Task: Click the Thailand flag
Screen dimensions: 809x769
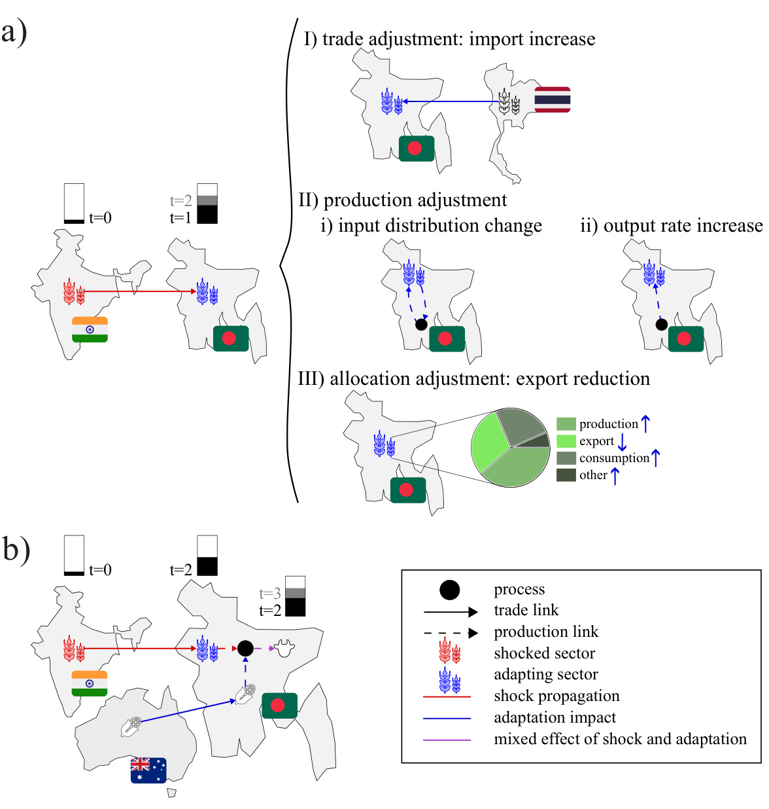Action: point(553,99)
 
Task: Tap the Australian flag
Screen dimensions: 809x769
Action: point(148,770)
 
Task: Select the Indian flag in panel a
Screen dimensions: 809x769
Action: point(90,329)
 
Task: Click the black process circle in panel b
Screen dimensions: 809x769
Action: point(245,648)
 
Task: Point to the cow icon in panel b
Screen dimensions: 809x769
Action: point(284,648)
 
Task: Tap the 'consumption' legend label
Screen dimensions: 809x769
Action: point(614,458)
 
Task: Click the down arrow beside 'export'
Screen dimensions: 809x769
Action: point(622,442)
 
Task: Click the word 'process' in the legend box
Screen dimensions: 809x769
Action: point(519,589)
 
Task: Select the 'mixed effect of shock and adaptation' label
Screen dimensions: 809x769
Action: point(620,739)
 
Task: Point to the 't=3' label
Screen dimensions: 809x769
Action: point(269,594)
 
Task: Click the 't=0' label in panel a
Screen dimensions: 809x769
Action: point(100,218)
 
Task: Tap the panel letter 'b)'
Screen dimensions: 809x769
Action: point(16,549)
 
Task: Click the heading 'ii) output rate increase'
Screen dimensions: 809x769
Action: point(671,226)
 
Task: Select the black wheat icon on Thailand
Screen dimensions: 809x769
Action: point(509,102)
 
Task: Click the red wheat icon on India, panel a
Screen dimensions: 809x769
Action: point(74,292)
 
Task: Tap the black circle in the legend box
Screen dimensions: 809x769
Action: point(449,590)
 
